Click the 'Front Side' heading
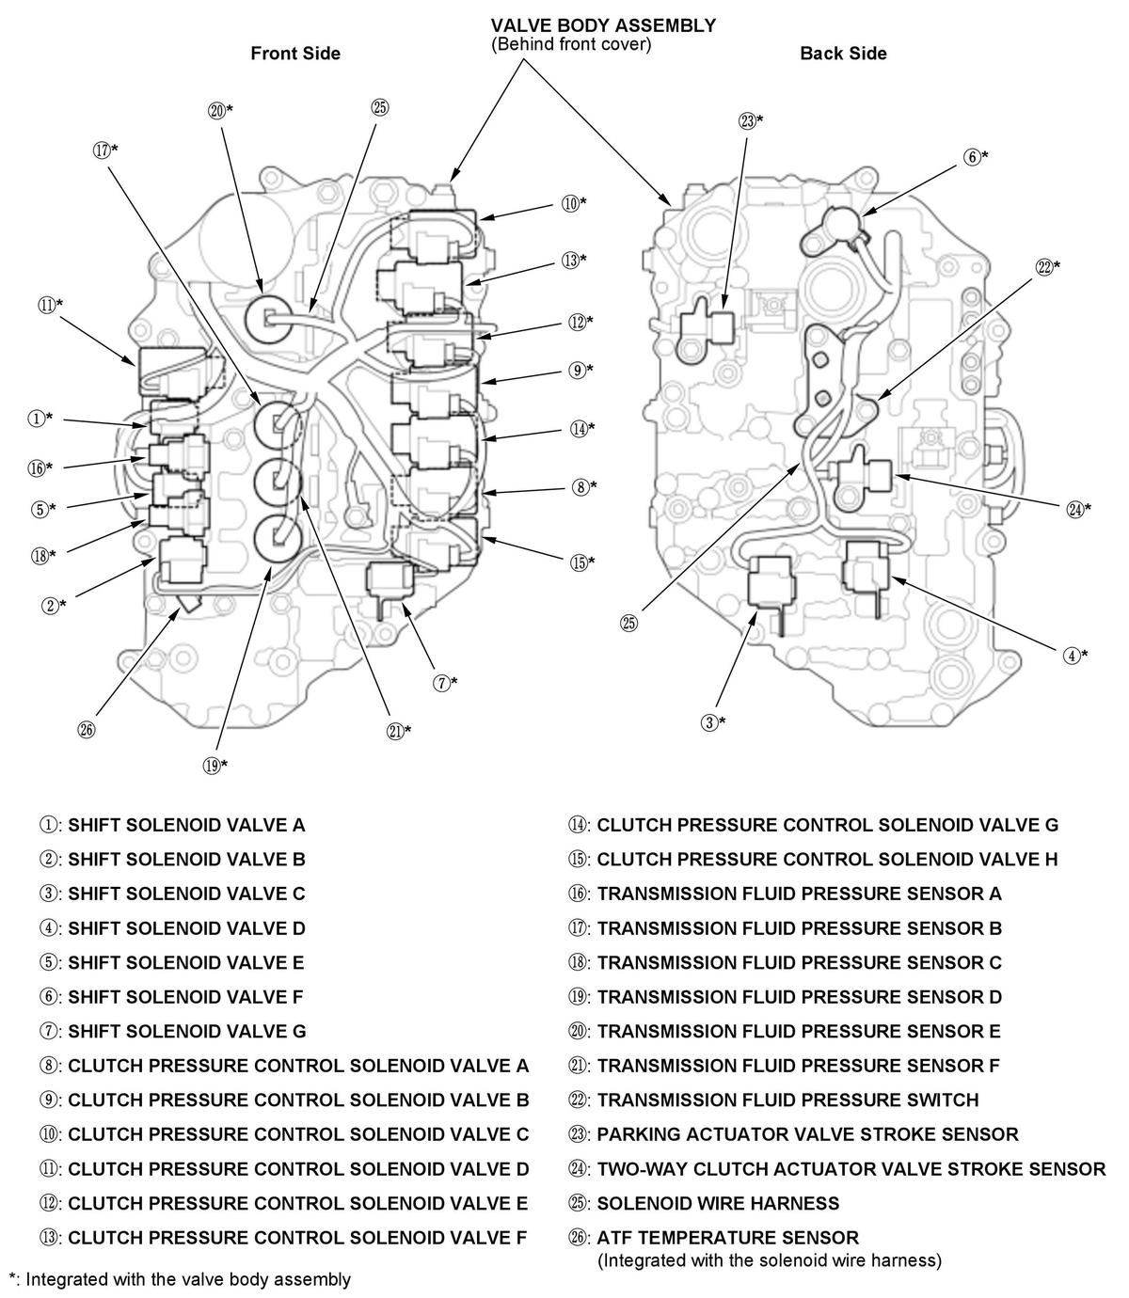coord(295,54)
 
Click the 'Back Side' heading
coord(843,54)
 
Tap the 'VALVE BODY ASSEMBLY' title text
coord(603,26)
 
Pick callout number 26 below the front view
coord(87,730)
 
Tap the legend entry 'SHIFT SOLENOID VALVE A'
coord(172,825)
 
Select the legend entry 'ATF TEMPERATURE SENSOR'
coord(714,1237)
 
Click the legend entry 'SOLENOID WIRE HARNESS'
coord(704,1203)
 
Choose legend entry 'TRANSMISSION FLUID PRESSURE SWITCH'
coord(773,1100)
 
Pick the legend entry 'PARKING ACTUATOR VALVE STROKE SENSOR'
coord(793,1133)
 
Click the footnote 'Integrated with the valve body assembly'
coord(188,1279)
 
